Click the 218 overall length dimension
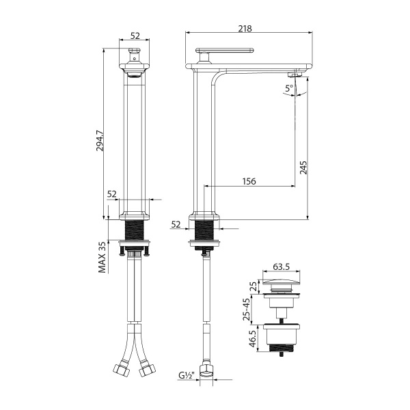[245, 29]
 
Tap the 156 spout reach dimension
[249, 181]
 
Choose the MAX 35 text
[102, 257]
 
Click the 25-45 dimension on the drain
[247, 309]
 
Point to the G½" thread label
[187, 376]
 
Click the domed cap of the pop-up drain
[283, 284]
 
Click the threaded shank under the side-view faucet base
[206, 230]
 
